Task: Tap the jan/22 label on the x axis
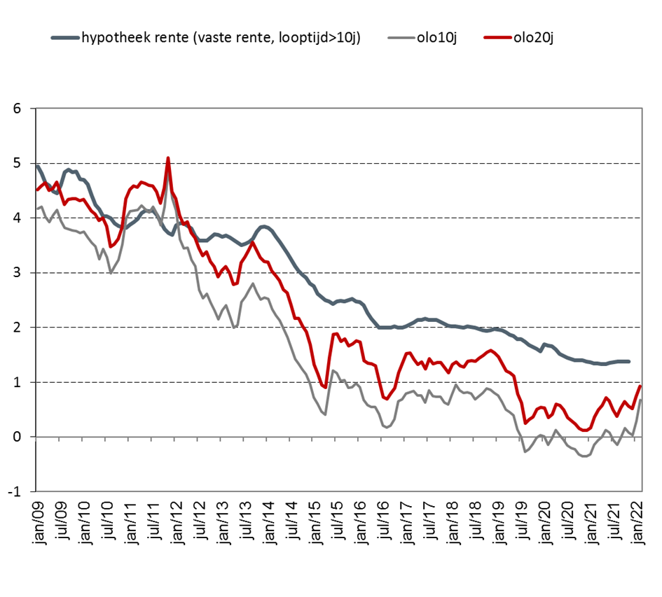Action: click(x=640, y=520)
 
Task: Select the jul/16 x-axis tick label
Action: click(x=385, y=520)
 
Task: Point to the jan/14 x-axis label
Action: click(x=269, y=520)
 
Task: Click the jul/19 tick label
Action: click(x=523, y=520)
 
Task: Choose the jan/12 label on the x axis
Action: click(x=177, y=520)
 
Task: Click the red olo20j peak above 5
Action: click(x=168, y=158)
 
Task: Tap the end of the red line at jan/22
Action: click(x=640, y=386)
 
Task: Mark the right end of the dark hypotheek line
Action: click(x=628, y=361)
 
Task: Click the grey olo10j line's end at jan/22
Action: click(x=640, y=400)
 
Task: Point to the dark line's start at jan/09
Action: click(x=36, y=166)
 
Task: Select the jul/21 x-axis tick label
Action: click(x=616, y=520)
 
